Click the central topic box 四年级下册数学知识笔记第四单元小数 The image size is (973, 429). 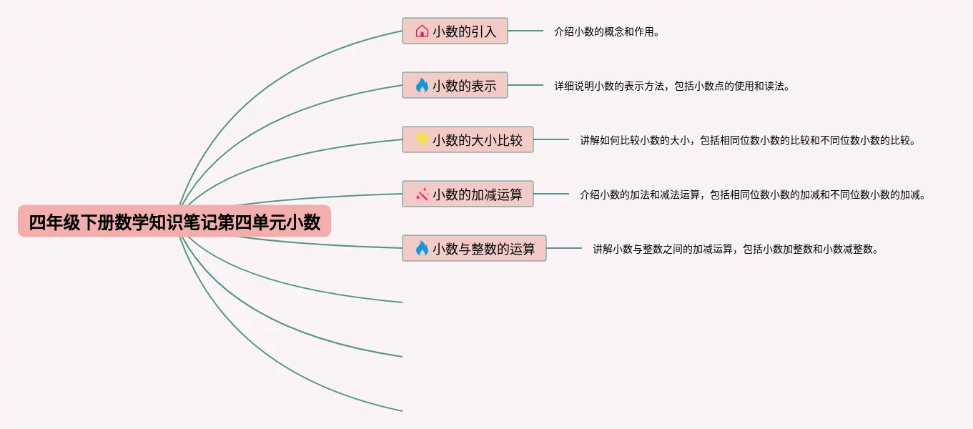(174, 222)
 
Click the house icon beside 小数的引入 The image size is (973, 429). (422, 31)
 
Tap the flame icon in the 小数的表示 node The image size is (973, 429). (422, 86)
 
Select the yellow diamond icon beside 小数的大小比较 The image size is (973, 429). (422, 140)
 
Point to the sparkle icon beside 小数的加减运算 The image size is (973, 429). (422, 194)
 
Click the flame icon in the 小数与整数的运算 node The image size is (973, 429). (422, 249)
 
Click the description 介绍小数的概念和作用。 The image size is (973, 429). (606, 32)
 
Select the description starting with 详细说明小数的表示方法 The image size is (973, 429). (671, 87)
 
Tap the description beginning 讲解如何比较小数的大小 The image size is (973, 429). (747, 141)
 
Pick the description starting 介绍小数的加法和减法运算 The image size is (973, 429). (752, 195)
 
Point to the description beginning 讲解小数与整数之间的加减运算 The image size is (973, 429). (735, 250)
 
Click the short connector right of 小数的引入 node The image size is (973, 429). (525, 31)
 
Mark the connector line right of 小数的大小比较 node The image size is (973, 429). (551, 139)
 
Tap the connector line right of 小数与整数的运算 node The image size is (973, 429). (564, 248)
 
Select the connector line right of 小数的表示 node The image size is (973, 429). (525, 85)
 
